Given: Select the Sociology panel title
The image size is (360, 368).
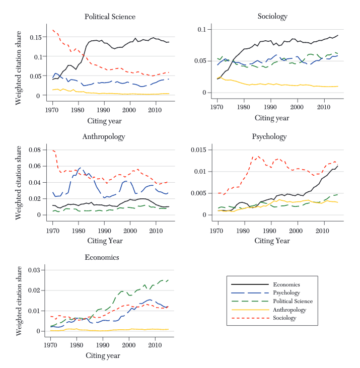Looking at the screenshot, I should coord(272,17).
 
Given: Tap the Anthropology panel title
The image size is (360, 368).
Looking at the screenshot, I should coord(103,136).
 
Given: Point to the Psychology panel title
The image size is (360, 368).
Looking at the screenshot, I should coord(269,136).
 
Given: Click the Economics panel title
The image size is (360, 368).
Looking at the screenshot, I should coord(102,257).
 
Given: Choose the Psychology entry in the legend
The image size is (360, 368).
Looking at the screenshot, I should coord(287,292).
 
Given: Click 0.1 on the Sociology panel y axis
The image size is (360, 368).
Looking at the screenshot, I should coord(201,30).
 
